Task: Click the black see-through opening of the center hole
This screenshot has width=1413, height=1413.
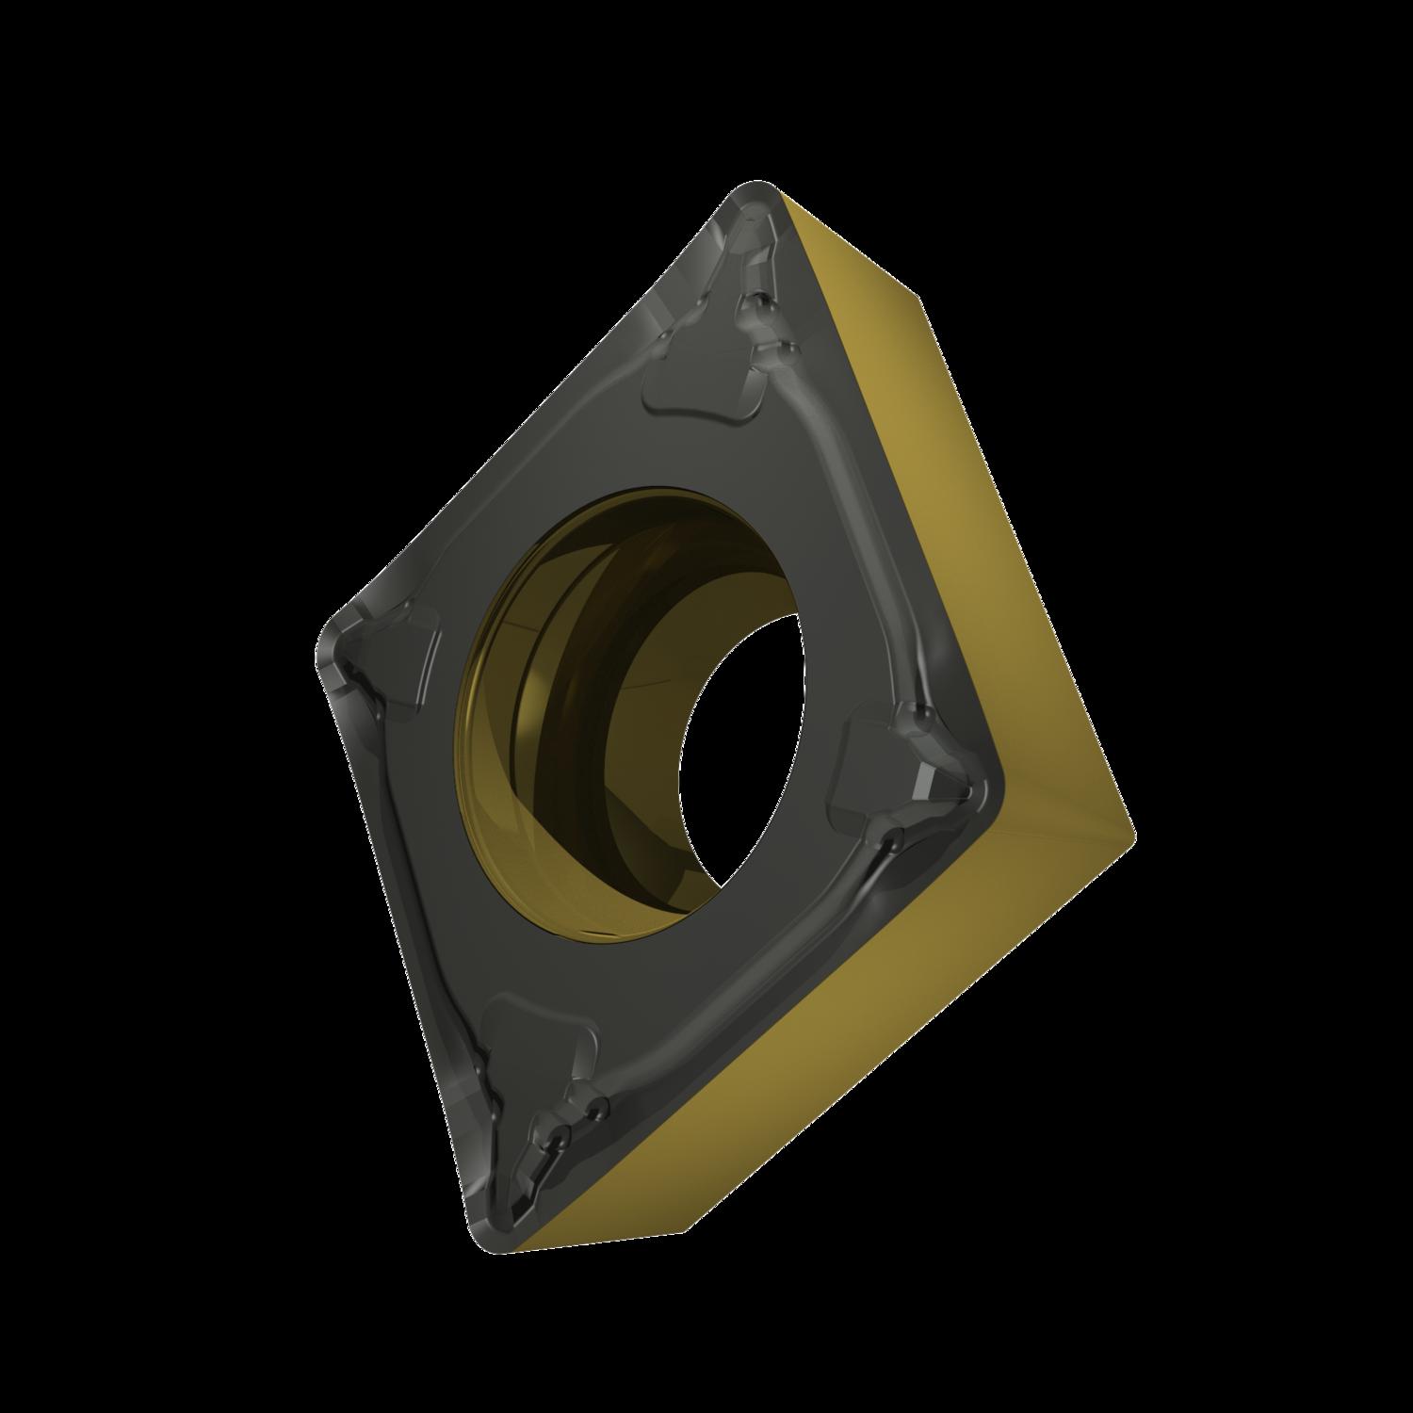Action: [x=744, y=754]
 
